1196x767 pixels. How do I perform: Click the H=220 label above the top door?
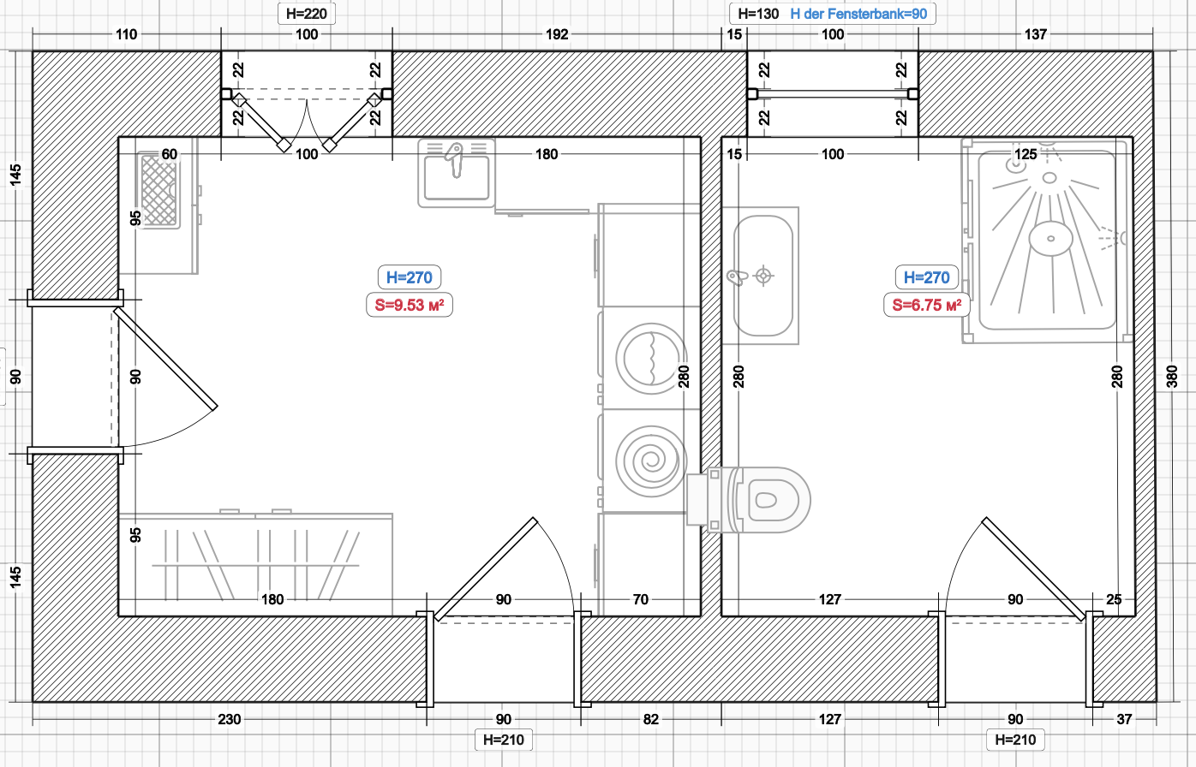(x=307, y=14)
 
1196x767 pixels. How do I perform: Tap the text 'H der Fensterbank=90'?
(x=858, y=14)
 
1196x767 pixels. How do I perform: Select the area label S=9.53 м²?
(x=410, y=305)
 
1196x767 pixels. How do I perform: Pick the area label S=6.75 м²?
(x=927, y=305)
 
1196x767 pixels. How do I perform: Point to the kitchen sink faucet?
(x=455, y=159)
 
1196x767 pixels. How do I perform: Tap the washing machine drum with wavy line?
(x=651, y=359)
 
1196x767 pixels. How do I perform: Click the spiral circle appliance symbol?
(x=651, y=461)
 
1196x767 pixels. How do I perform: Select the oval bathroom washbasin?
(x=763, y=276)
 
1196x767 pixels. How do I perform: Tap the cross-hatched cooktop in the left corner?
(x=159, y=190)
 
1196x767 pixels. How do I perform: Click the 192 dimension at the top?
(x=557, y=35)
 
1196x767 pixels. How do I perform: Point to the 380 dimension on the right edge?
(x=1172, y=377)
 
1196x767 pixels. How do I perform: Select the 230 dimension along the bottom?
(x=229, y=720)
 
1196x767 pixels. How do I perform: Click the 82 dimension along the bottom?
(x=651, y=720)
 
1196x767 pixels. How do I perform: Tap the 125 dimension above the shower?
(x=1026, y=155)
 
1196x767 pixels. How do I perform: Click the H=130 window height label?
(x=758, y=14)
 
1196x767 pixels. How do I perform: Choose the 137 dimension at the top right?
(x=1036, y=35)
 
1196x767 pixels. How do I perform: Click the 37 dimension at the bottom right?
(x=1124, y=720)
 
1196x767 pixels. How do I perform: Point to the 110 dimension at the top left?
(x=127, y=35)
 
